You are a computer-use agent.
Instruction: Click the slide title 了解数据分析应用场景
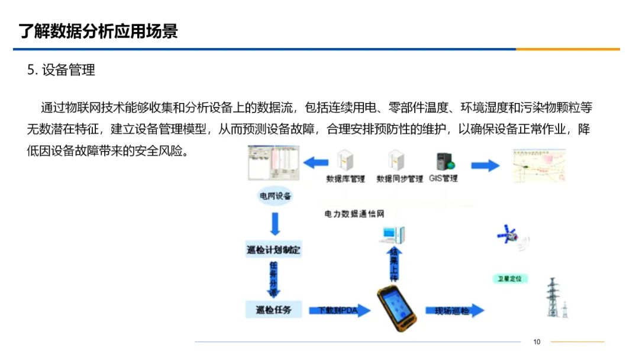point(98,31)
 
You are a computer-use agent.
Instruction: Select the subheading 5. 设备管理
point(61,70)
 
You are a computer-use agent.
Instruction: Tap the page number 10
point(537,342)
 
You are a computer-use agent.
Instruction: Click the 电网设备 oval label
point(275,196)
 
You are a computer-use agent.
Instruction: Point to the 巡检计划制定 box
point(273,250)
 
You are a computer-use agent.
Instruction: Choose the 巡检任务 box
point(273,309)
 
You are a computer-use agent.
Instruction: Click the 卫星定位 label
point(510,278)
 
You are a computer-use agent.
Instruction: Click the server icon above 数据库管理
point(345,160)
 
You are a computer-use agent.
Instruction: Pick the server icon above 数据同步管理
point(395,160)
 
